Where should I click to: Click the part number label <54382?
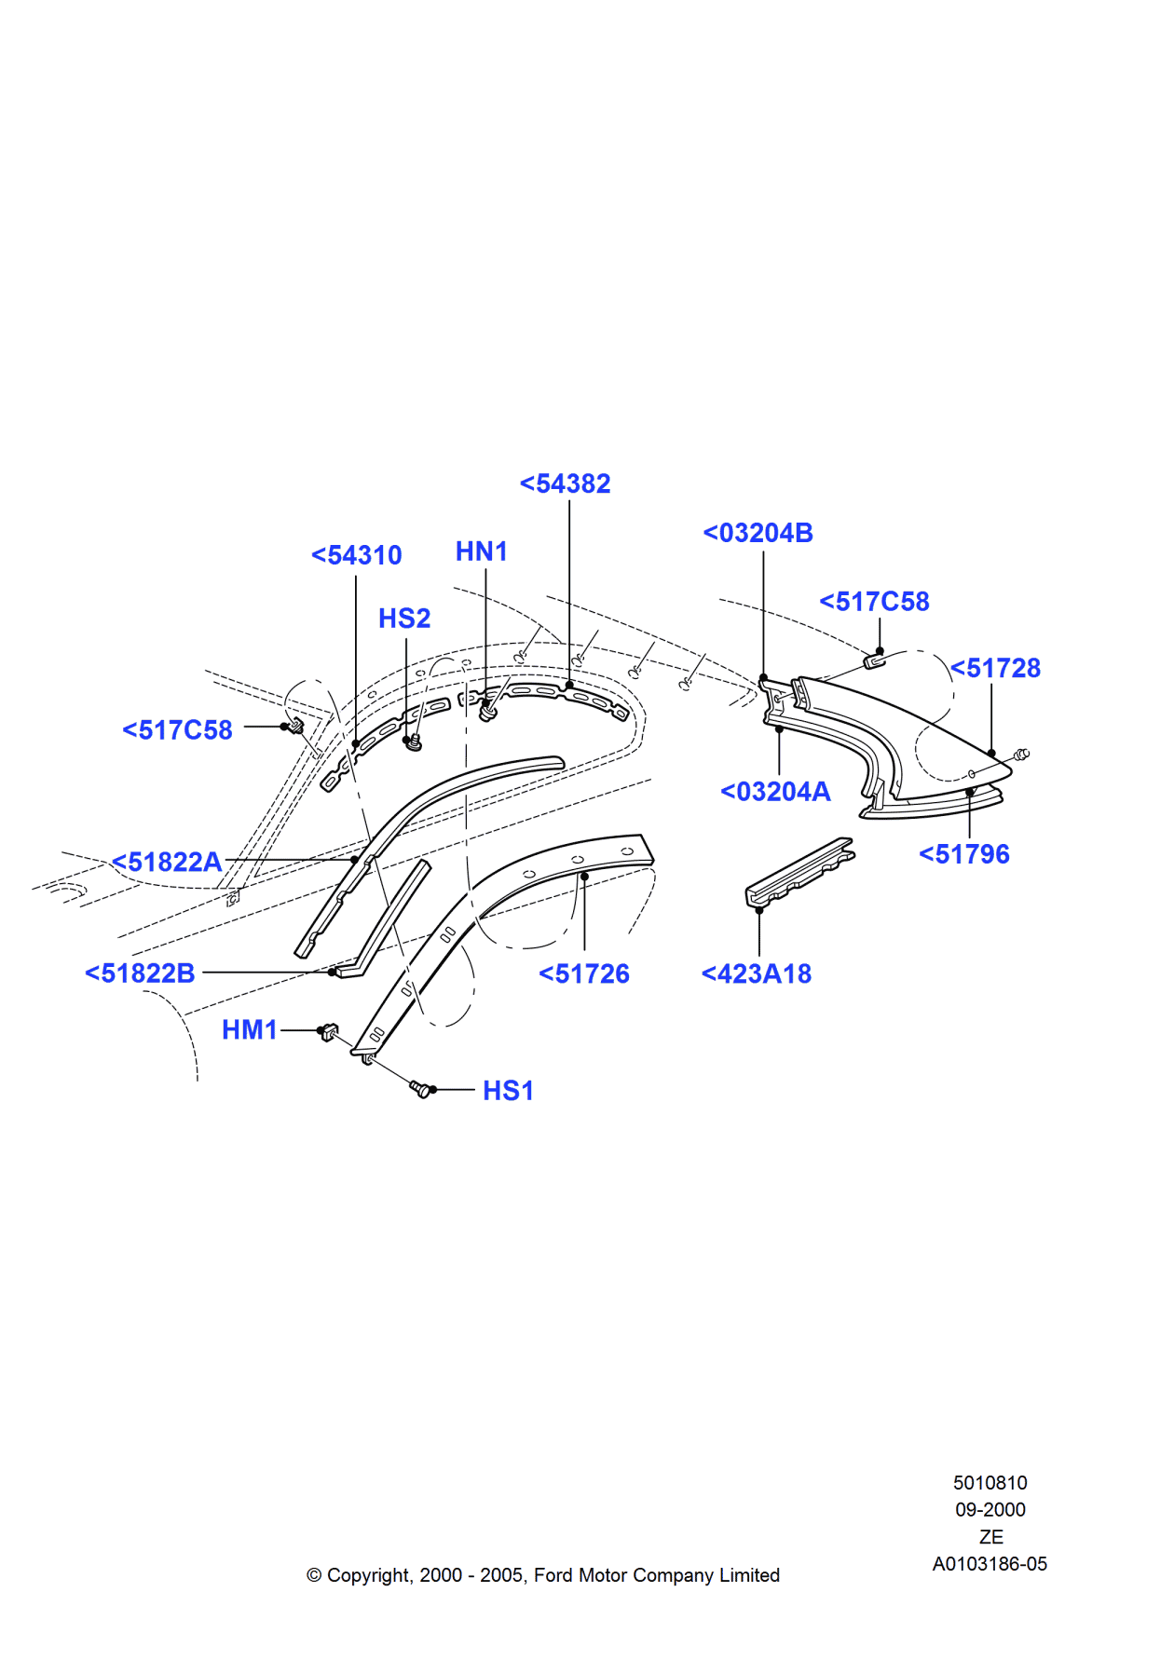(565, 483)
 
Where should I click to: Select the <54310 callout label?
(356, 555)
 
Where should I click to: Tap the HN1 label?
(481, 551)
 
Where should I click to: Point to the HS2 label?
(403, 619)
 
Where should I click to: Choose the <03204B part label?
(758, 533)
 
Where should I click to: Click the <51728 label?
(995, 668)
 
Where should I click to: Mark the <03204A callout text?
(774, 792)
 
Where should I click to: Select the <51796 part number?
(963, 854)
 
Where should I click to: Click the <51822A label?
(167, 862)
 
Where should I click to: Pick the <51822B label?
(140, 973)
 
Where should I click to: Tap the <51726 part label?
(584, 974)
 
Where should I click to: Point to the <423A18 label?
(756, 974)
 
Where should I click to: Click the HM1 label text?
(250, 1029)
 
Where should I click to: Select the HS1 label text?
(508, 1091)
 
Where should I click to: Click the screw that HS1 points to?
(421, 1088)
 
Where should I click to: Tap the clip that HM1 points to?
(328, 1032)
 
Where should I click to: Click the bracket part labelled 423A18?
(799, 872)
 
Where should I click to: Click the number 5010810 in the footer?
(990, 1483)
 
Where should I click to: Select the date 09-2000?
(990, 1510)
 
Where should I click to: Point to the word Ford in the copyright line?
(553, 1575)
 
